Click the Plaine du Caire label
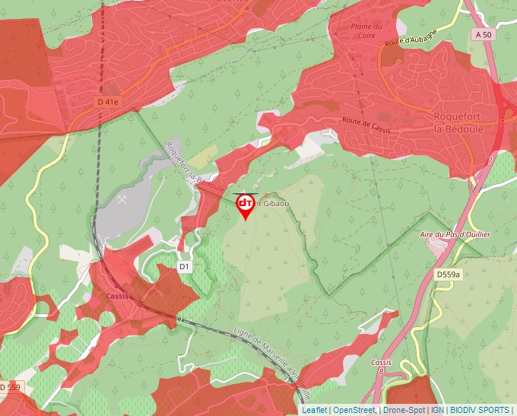pyautogui.click(x=365, y=31)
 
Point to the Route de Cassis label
pyautogui.click(x=366, y=125)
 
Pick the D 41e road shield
pyautogui.click(x=108, y=101)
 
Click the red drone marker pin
pyautogui.click(x=246, y=206)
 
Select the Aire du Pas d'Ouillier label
pyautogui.click(x=455, y=235)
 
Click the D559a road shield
pyautogui.click(x=449, y=274)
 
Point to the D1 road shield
pyautogui.click(x=184, y=266)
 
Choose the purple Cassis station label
pyautogui.click(x=118, y=297)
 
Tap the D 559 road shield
pyautogui.click(x=11, y=387)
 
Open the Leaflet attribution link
pyautogui.click(x=314, y=410)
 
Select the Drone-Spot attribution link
pyautogui.click(x=404, y=410)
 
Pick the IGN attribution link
pyautogui.click(x=437, y=410)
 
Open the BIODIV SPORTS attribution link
pyautogui.click(x=480, y=410)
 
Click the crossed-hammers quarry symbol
pyautogui.click(x=122, y=199)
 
